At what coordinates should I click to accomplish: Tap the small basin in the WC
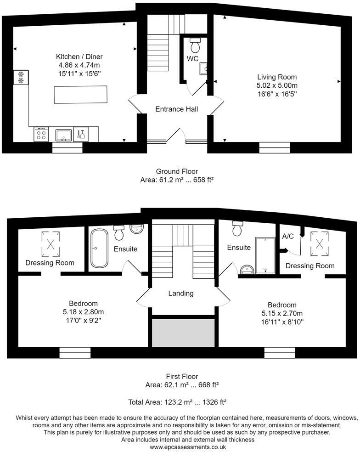coord(203,69)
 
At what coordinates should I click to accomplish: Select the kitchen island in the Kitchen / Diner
coord(80,95)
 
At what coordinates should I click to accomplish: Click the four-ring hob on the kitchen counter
coord(41,135)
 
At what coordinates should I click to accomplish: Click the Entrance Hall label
coord(176,109)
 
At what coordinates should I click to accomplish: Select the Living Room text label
coord(276,77)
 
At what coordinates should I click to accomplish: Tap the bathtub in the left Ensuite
coord(99,248)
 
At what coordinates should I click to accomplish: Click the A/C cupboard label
coord(288,236)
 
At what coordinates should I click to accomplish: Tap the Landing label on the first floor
coord(180,293)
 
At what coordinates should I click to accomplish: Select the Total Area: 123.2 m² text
coord(177,402)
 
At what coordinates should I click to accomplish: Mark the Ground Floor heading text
coord(177,172)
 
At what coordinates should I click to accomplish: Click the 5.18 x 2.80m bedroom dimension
coord(83,312)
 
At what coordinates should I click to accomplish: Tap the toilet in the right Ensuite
coord(237,229)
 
